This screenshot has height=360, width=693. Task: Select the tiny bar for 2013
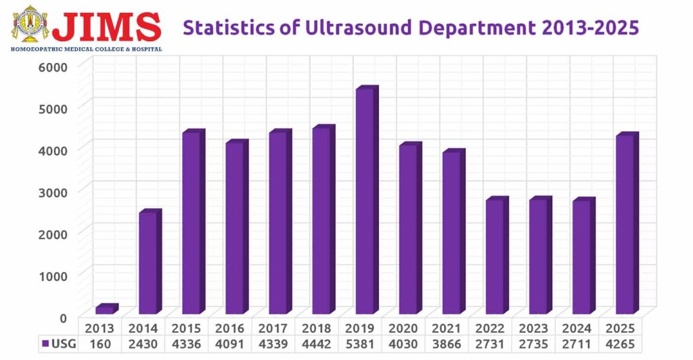[x=106, y=309]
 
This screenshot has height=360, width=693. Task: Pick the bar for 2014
[x=149, y=263]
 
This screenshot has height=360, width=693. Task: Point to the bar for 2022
[x=495, y=257]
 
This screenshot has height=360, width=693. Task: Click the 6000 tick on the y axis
[x=53, y=66]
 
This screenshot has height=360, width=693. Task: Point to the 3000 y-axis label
[x=53, y=192]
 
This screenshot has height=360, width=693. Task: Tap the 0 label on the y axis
[x=63, y=317]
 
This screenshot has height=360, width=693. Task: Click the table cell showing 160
[x=100, y=343]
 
